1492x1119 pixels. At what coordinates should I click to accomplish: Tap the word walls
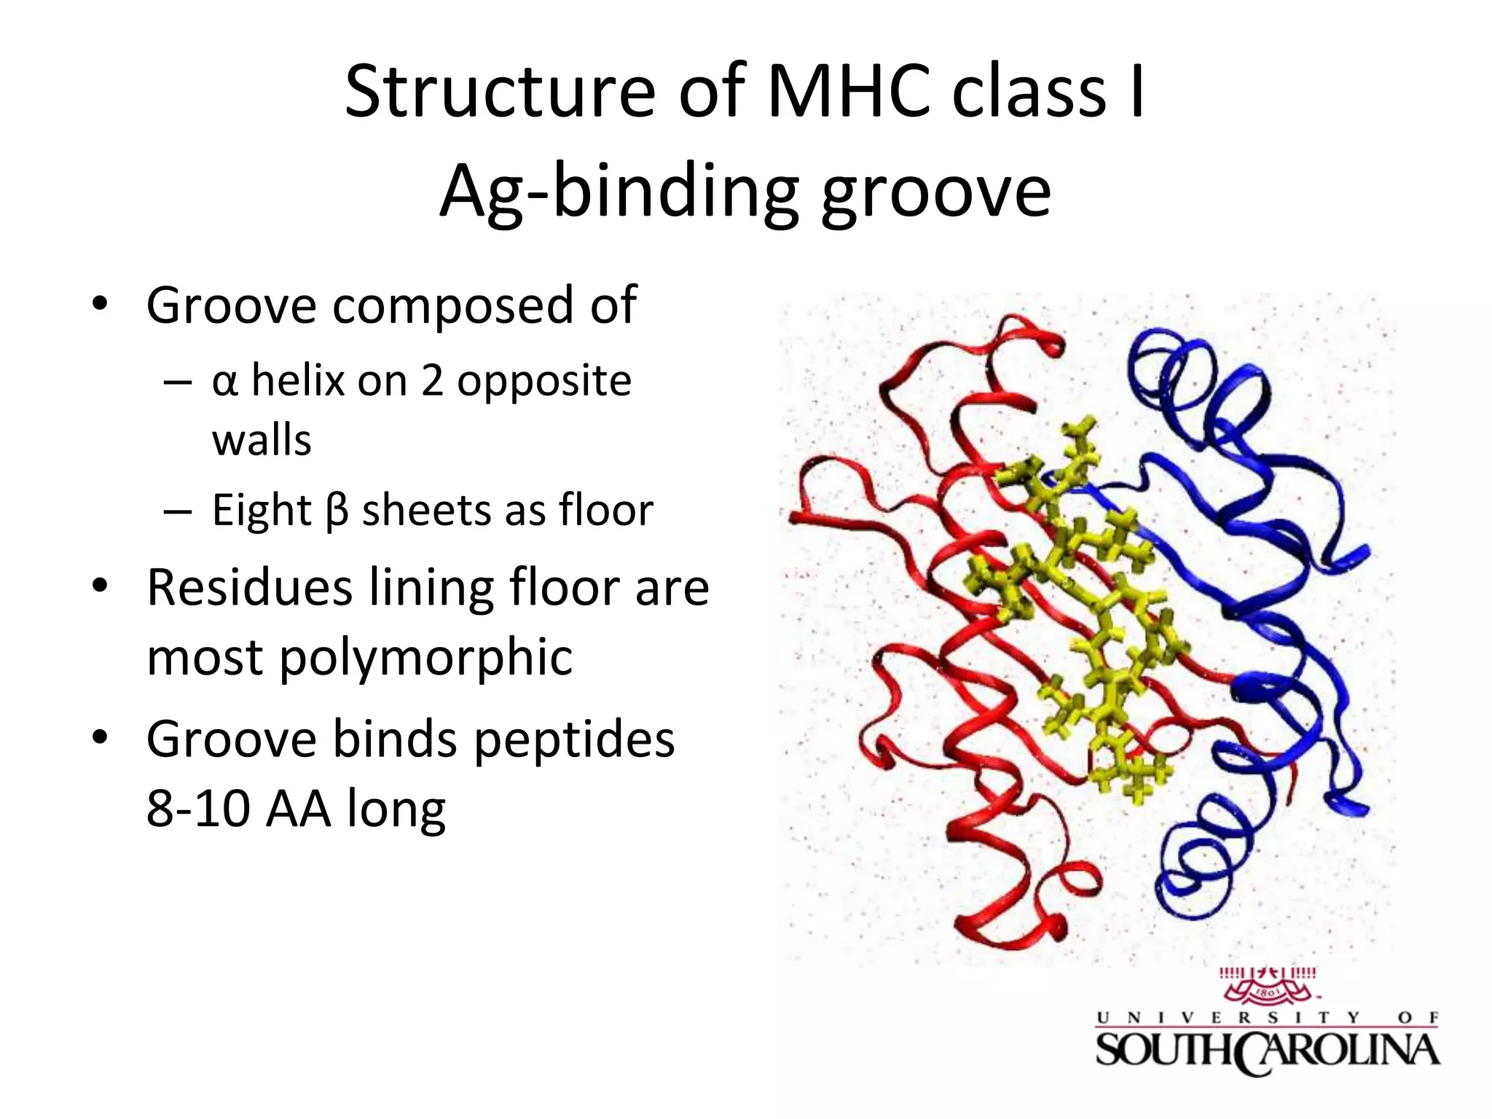(262, 441)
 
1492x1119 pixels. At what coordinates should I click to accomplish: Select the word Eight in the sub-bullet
(262, 510)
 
